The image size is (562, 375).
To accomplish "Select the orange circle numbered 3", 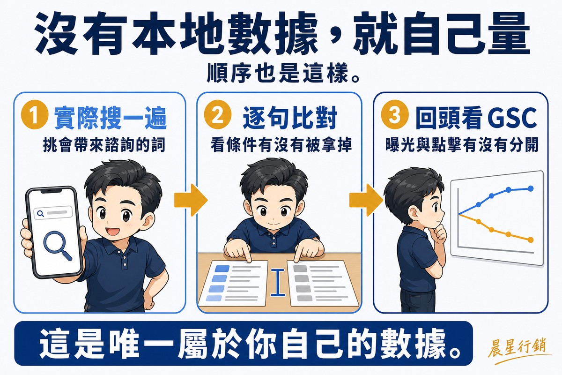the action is point(394,115).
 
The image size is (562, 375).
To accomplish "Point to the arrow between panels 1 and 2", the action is point(191,200).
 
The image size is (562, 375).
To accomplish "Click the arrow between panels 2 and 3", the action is point(366,200).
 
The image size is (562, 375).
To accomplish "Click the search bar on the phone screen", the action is point(53,213).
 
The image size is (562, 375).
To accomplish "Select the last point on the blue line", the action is point(530,188).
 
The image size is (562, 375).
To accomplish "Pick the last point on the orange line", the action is point(530,240).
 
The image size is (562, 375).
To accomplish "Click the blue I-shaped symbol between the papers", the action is point(278,282).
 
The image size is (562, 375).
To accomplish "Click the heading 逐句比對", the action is point(290,118).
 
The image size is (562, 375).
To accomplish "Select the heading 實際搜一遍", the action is point(111,118).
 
